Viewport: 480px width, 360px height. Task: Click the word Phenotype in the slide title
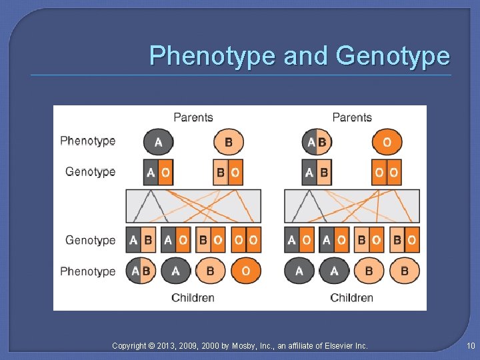click(211, 56)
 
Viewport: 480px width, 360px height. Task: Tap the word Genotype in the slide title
click(393, 56)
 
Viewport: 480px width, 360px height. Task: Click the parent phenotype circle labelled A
click(158, 142)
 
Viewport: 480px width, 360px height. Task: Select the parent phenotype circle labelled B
click(229, 142)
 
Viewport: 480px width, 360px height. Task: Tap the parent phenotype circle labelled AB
click(317, 142)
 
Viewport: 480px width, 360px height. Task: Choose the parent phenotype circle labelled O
click(387, 142)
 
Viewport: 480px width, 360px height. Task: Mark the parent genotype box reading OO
click(387, 173)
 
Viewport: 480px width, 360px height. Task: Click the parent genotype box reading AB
click(317, 173)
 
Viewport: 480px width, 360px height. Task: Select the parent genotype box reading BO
click(229, 173)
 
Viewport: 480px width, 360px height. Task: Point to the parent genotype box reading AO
click(158, 173)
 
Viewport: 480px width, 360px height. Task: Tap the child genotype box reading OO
click(246, 240)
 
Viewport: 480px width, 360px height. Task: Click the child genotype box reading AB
click(141, 240)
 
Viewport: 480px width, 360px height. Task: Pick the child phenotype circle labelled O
click(246, 271)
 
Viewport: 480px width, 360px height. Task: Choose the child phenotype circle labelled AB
click(141, 271)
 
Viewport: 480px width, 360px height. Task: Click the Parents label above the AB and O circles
click(351, 117)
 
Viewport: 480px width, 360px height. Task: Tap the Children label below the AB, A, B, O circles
click(193, 297)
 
